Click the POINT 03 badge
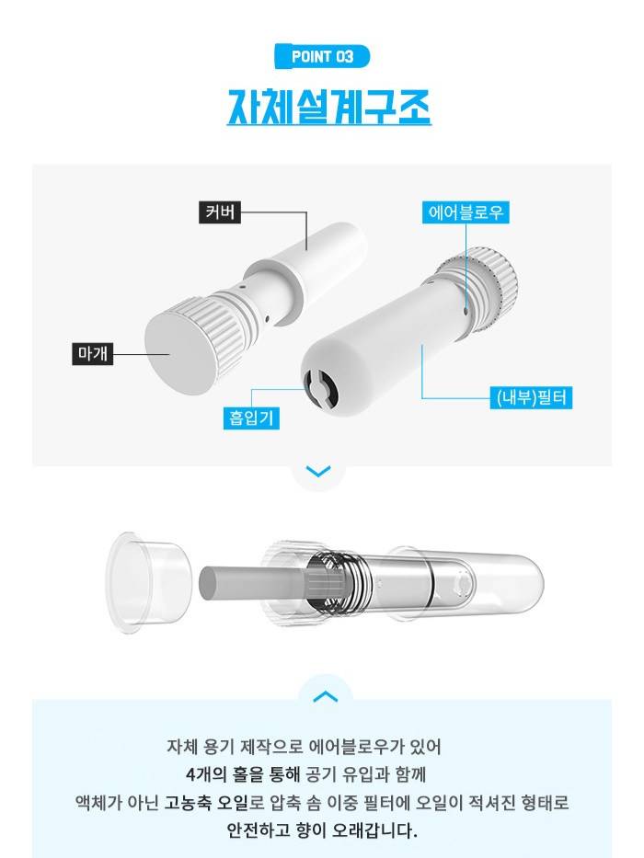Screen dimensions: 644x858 click(x=322, y=56)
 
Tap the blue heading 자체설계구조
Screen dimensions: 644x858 click(x=328, y=107)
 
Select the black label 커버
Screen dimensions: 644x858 click(x=220, y=212)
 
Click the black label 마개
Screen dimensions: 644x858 click(x=93, y=353)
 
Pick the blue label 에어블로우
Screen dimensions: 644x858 click(x=466, y=212)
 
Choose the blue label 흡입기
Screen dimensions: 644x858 click(x=251, y=418)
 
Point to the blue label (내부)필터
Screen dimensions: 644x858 click(x=531, y=396)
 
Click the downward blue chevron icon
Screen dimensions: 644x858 click(x=317, y=471)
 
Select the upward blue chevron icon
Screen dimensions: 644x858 click(x=325, y=695)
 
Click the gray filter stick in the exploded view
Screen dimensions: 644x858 click(x=252, y=583)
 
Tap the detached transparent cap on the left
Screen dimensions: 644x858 click(x=148, y=583)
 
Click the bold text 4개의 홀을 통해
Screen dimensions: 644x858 click(x=242, y=774)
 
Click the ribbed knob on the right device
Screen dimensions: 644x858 click(x=481, y=287)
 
